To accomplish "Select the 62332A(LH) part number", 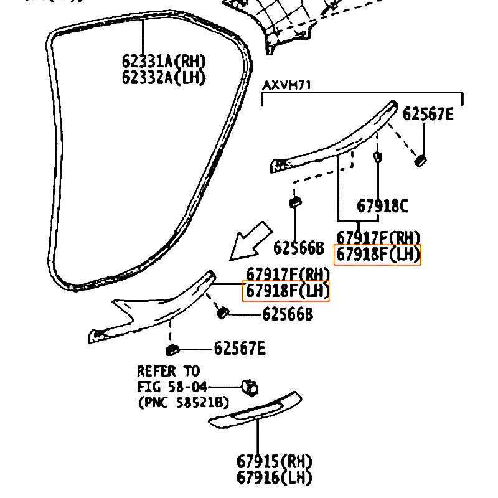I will [x=163, y=77].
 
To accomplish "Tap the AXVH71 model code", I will [x=286, y=85].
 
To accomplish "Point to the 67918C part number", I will [x=382, y=206].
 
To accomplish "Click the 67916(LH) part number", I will [x=274, y=477].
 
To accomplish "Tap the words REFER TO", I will [x=168, y=372].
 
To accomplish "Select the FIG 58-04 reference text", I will [x=172, y=387].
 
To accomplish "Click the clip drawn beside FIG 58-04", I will [x=250, y=387].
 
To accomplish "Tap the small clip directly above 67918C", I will [x=377, y=156].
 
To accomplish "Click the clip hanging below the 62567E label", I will [x=421, y=160].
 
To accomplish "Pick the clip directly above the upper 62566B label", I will [x=295, y=203].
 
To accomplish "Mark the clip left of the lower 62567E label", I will [x=172, y=349].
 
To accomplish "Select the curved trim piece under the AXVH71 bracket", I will [x=336, y=140].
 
